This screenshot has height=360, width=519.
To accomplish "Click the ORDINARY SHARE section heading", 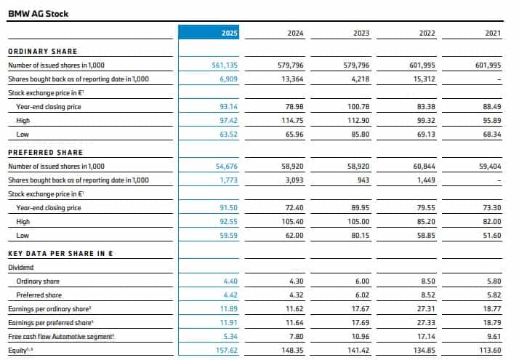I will coord(42,51).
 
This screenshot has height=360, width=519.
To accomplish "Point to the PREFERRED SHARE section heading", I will coord(45,152).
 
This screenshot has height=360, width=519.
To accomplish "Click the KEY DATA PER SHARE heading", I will coord(63,253).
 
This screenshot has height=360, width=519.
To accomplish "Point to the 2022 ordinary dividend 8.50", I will coord(427,281).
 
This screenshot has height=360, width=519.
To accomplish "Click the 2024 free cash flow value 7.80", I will coord(294,337).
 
